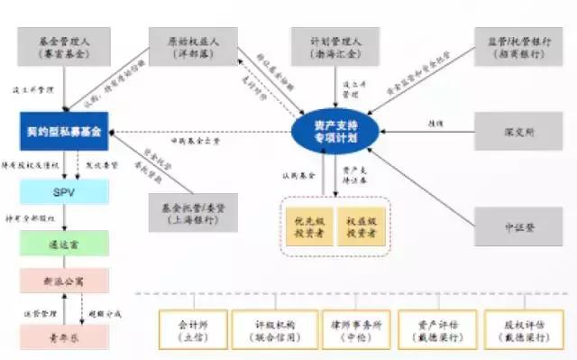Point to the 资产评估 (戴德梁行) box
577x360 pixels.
436,324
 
